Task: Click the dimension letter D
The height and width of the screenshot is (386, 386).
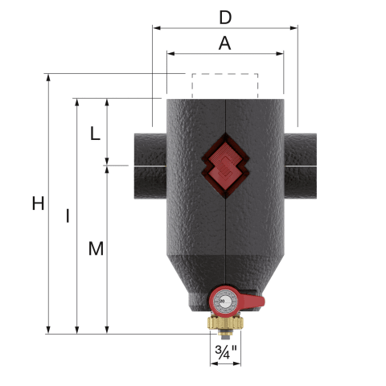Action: [225, 18]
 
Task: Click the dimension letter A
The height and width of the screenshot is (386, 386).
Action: [224, 43]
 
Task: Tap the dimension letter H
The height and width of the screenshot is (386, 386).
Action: [38, 203]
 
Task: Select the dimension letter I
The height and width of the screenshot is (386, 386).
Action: [68, 216]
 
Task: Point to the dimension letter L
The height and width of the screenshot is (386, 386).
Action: [95, 133]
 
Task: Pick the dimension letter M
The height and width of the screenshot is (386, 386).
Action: [96, 248]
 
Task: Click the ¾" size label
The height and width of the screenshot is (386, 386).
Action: [226, 352]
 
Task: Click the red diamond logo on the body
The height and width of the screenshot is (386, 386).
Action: [226, 166]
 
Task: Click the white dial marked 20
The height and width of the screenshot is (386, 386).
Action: [224, 302]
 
